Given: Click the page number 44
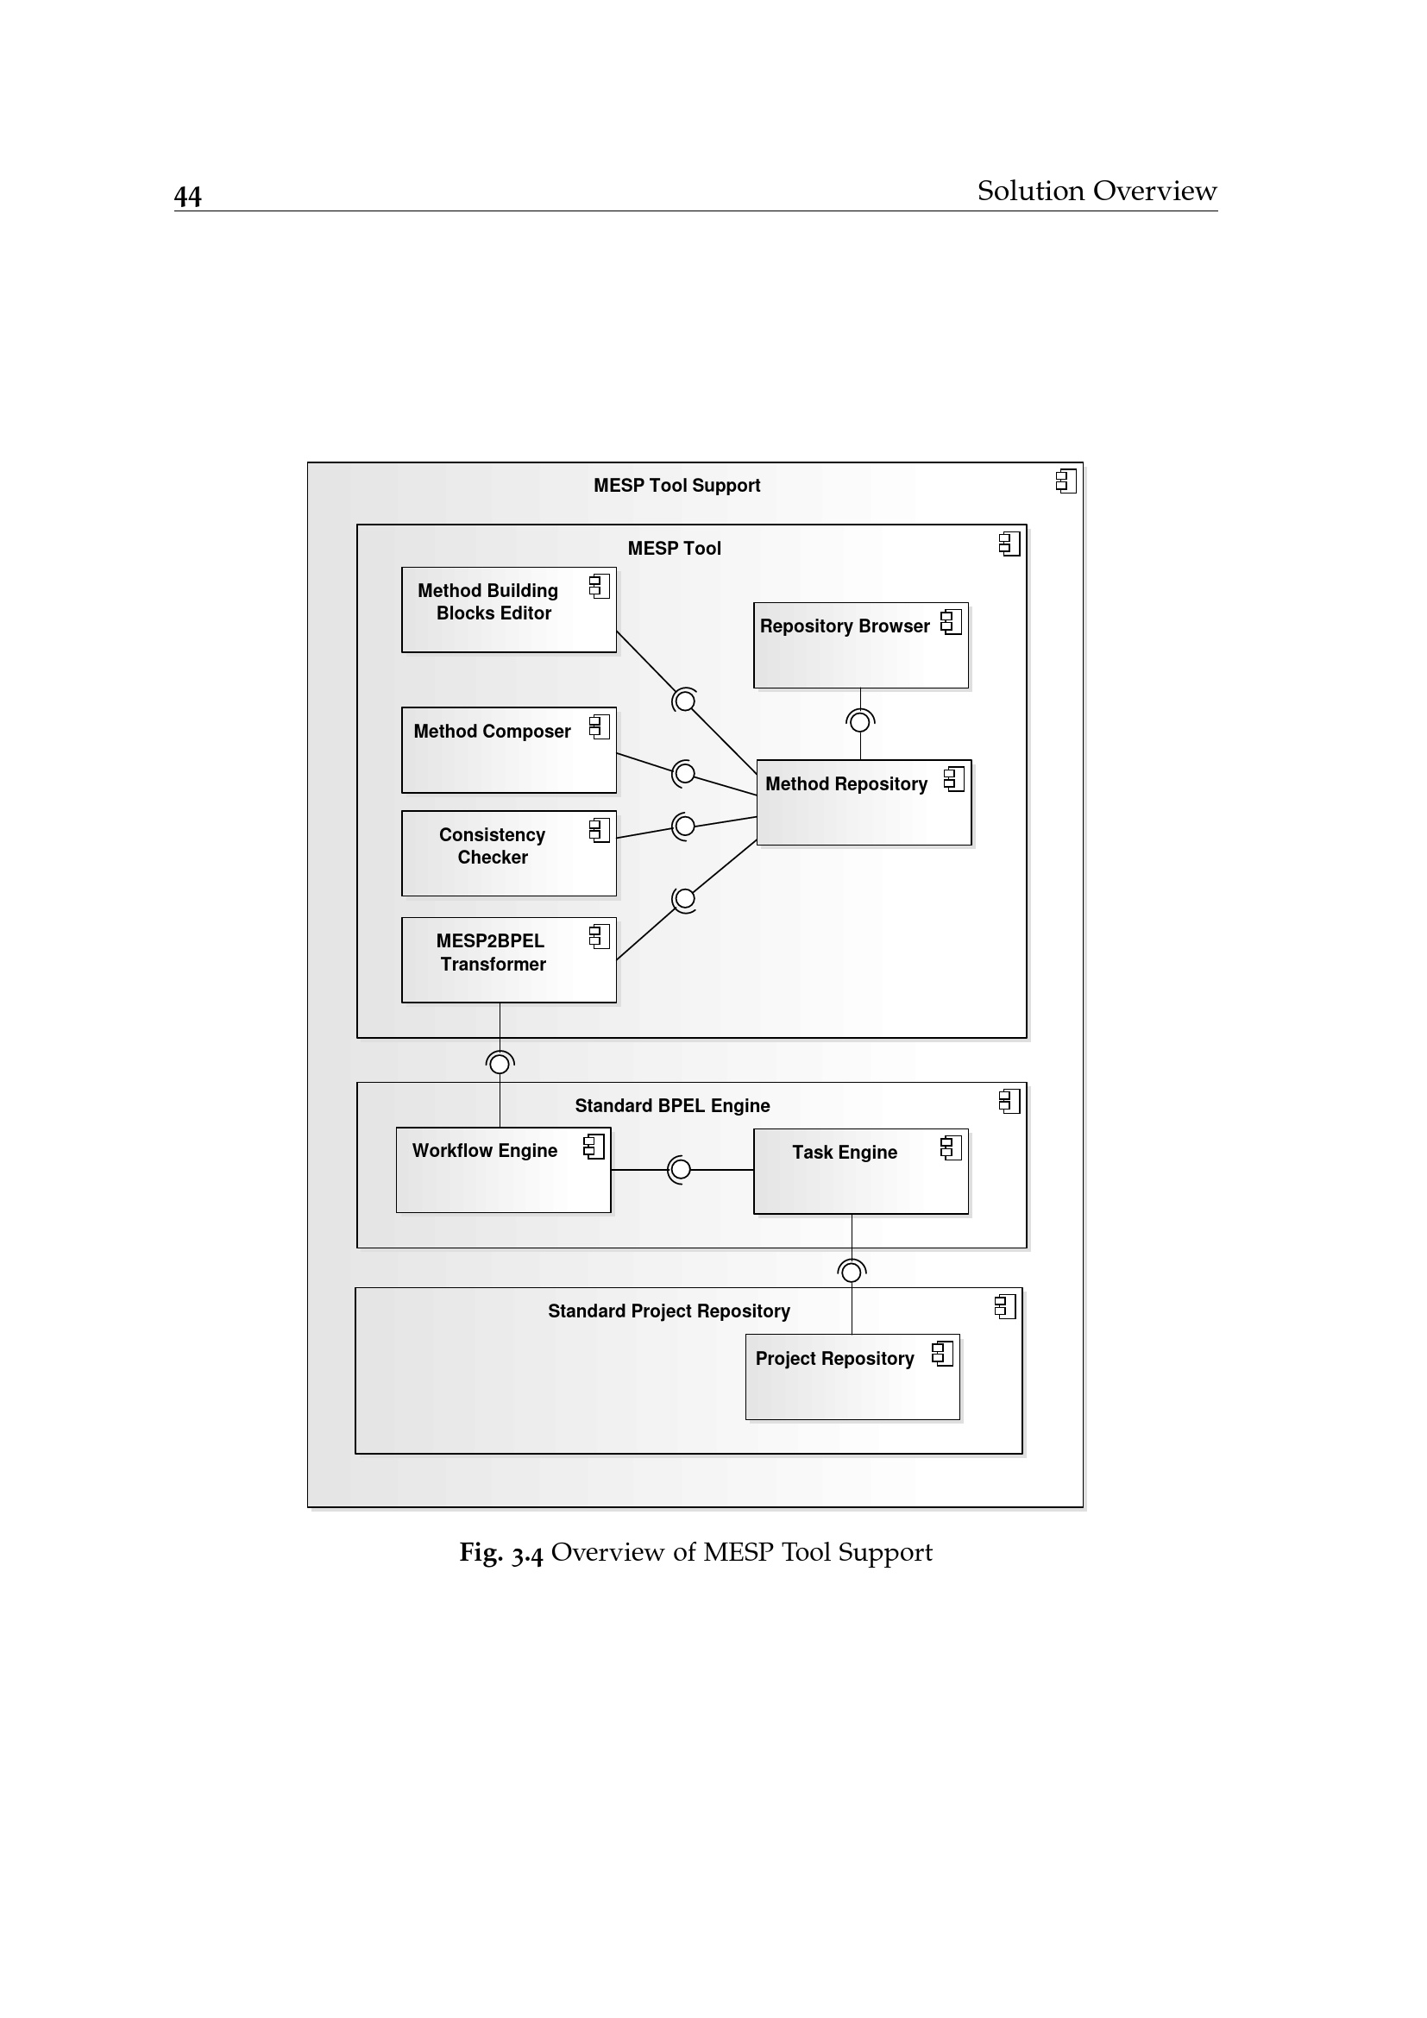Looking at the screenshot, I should [x=187, y=196].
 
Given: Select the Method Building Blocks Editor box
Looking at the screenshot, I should [x=508, y=610].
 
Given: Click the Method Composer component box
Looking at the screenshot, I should [x=508, y=750].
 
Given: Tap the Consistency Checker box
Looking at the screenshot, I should [x=508, y=853].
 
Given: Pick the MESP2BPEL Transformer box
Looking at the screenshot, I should [x=508, y=959].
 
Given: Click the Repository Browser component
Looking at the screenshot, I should [x=860, y=645].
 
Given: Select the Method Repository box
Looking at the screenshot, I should [x=864, y=802].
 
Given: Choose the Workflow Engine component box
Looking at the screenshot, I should [x=503, y=1170].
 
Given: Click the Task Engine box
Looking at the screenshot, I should [x=860, y=1172].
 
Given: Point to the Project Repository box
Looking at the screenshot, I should [x=852, y=1377].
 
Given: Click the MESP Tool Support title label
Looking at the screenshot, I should [x=676, y=485].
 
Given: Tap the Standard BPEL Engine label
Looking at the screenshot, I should [x=672, y=1106].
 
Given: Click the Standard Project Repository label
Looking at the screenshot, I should [x=669, y=1311].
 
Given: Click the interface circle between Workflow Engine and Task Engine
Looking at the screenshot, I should [x=680, y=1170].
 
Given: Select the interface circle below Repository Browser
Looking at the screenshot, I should [x=860, y=721].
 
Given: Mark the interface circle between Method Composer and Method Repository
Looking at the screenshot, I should [x=684, y=773].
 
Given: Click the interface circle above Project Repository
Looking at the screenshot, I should [x=851, y=1272].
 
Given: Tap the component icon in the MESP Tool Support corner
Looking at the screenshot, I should [x=1066, y=481].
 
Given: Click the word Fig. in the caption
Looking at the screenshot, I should [x=481, y=1553].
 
